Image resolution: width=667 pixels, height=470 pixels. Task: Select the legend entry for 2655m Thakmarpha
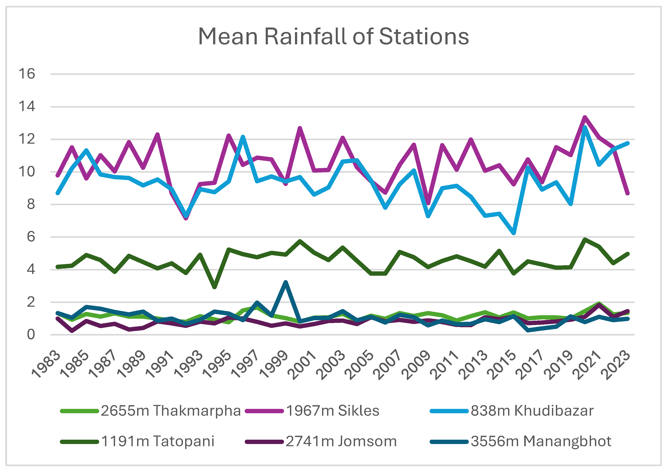coord(150,411)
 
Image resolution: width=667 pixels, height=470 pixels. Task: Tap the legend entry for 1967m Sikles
coord(312,411)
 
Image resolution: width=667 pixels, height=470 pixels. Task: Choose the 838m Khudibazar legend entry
coord(512,411)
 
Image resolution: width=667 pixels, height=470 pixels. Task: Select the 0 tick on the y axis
coord(31,335)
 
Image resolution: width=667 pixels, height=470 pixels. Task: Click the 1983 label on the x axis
coord(46,365)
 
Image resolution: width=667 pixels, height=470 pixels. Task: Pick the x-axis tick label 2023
coord(616,365)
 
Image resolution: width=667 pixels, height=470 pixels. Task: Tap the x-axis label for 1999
coord(274,365)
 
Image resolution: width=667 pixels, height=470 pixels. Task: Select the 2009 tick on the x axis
coord(416,365)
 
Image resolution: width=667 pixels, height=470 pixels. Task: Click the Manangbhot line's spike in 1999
coord(286,282)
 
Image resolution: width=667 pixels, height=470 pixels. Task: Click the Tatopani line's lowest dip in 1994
coord(214,287)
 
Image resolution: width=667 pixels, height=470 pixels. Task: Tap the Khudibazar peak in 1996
coord(243,136)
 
